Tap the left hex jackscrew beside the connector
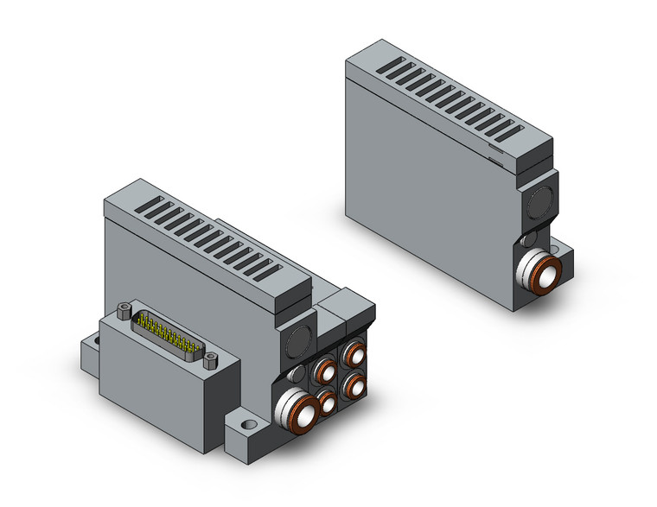coord(123,308)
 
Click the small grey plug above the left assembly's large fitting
coord(294,373)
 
